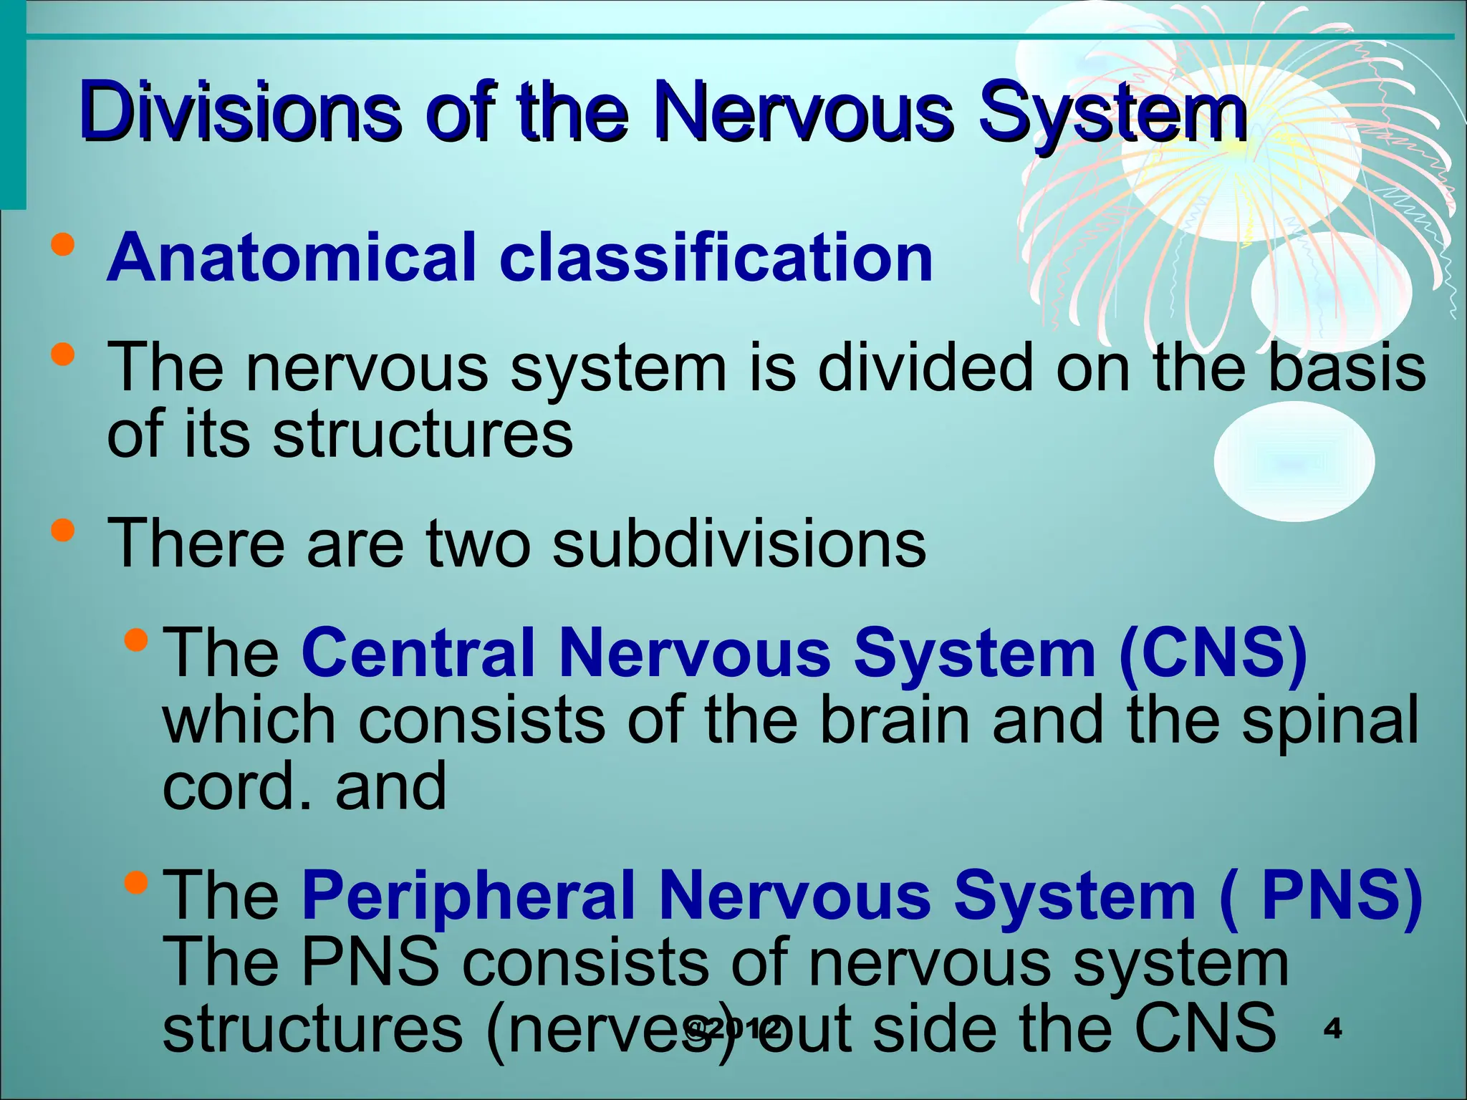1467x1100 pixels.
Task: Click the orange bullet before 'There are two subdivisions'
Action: (63, 531)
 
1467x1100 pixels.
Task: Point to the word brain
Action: (894, 720)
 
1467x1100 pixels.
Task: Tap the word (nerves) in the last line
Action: (609, 1029)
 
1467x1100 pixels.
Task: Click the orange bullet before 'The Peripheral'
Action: (135, 882)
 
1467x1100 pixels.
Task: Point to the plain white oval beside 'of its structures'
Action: (1294, 461)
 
